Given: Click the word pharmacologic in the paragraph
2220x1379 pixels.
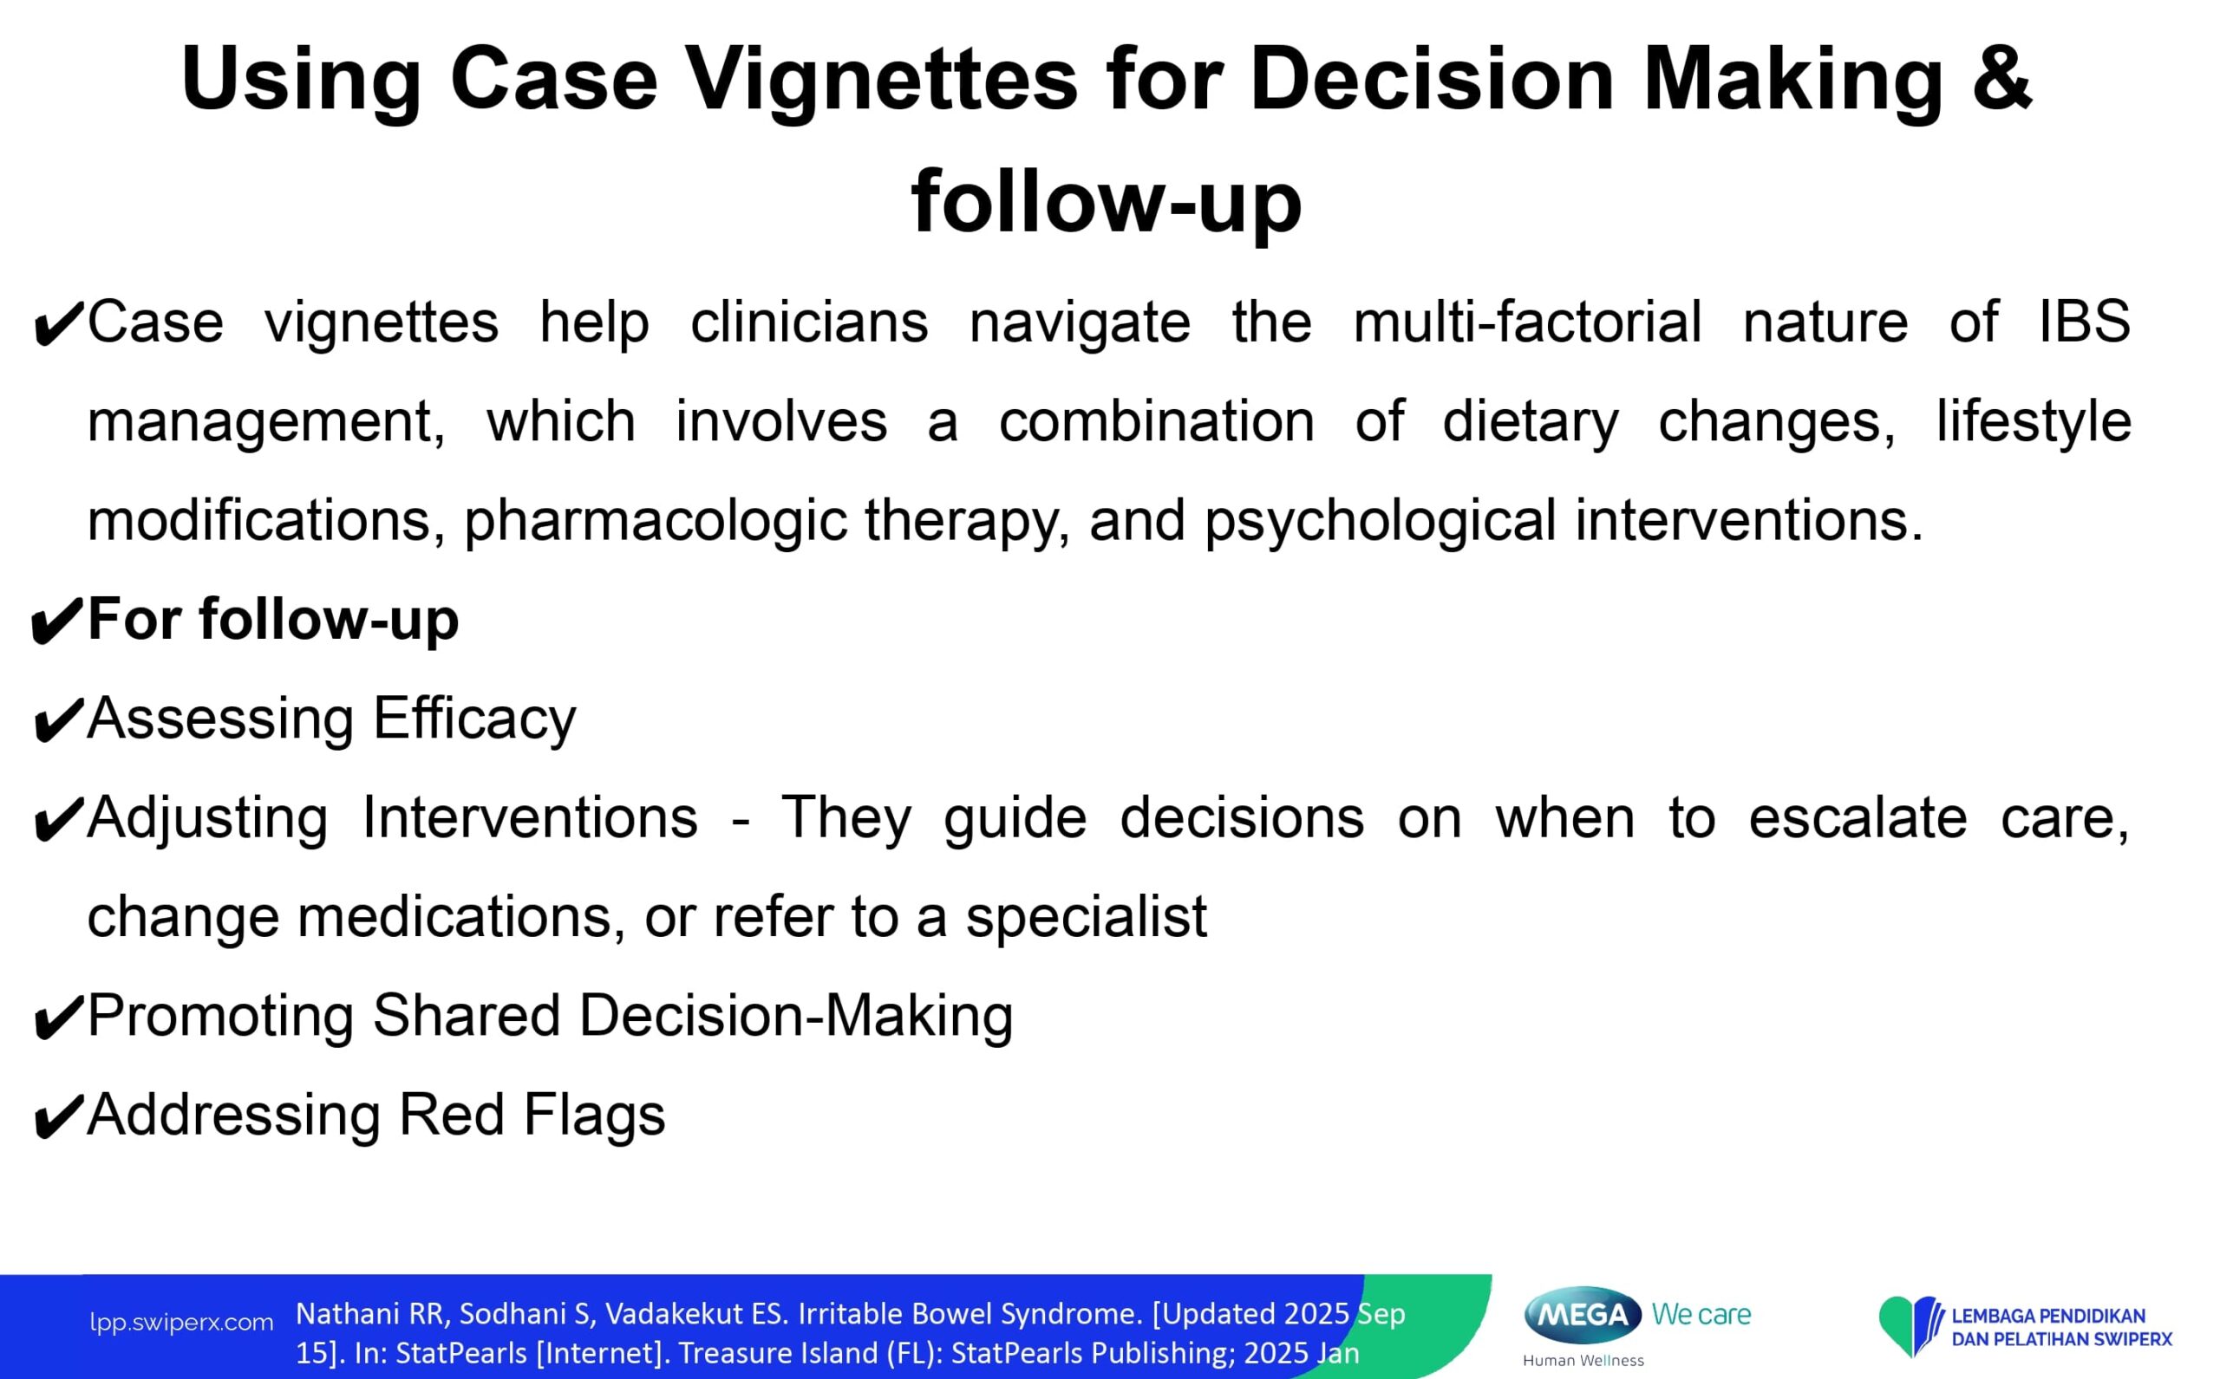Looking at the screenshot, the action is click(654, 521).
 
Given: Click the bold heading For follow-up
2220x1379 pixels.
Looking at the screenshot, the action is click(273, 621).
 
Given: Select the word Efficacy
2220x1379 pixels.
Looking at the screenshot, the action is click(474, 719).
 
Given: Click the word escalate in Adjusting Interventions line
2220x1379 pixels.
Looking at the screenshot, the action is click(1857, 817).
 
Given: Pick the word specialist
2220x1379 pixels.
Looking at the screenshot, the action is click(1086, 917).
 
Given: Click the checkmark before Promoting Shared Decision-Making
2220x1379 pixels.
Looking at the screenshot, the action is click(56, 1019).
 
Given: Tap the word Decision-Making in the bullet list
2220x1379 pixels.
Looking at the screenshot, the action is click(796, 1016).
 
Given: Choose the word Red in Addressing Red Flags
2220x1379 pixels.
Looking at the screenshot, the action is click(452, 1115).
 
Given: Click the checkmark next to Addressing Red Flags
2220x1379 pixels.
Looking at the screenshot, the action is click(56, 1119).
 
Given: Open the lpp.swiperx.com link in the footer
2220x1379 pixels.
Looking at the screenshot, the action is click(181, 1323).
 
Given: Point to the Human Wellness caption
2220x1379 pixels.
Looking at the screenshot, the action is click(1583, 1361).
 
